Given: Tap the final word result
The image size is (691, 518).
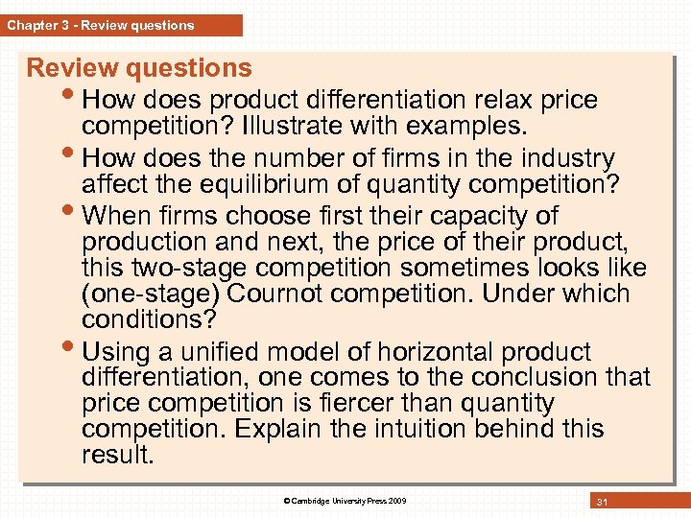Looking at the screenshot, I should click(117, 455).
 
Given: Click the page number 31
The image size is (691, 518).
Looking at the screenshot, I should click(604, 502).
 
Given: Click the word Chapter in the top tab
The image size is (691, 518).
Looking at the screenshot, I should click(32, 26).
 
